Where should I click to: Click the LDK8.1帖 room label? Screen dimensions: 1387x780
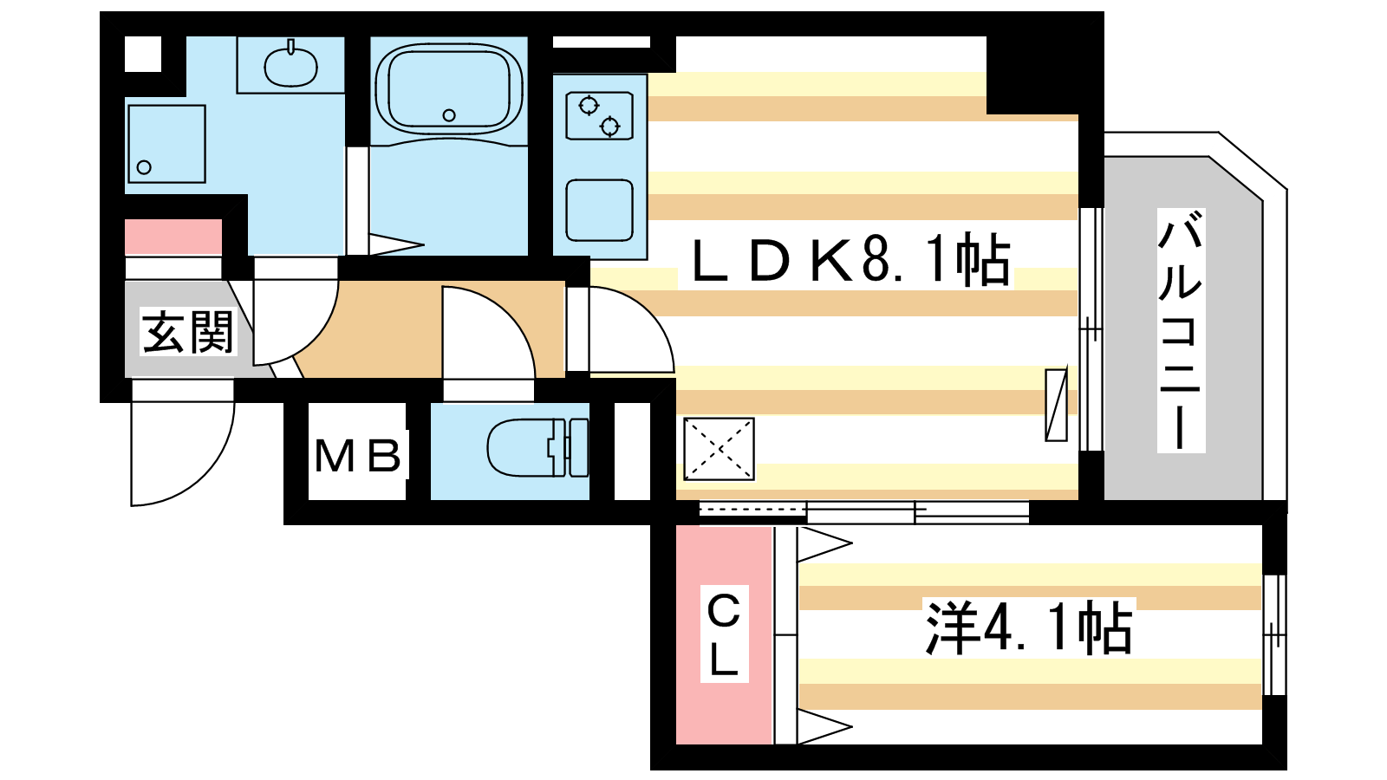[x=850, y=260]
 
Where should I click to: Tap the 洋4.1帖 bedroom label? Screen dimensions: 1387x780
[x=1029, y=627]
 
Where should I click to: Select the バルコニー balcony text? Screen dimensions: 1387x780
[x=1181, y=330]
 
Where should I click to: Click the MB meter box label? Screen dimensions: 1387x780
[x=358, y=456]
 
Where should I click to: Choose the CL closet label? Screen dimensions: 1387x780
[x=724, y=634]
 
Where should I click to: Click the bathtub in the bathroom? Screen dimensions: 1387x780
[x=449, y=88]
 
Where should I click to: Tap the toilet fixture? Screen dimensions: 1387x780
[x=537, y=447]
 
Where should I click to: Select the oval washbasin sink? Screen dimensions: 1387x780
[x=291, y=66]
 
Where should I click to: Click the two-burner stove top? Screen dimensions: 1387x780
[x=599, y=116]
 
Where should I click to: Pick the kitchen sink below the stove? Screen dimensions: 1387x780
[x=599, y=210]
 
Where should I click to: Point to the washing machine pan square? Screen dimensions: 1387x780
[x=166, y=144]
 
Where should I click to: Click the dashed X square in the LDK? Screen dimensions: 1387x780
[x=719, y=450]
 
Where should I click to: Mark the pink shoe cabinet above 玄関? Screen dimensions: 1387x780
[x=173, y=237]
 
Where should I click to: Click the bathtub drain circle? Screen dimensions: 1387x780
[x=450, y=115]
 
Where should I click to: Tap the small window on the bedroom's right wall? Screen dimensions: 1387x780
[x=1274, y=635]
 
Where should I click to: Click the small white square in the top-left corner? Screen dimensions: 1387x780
[x=143, y=54]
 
